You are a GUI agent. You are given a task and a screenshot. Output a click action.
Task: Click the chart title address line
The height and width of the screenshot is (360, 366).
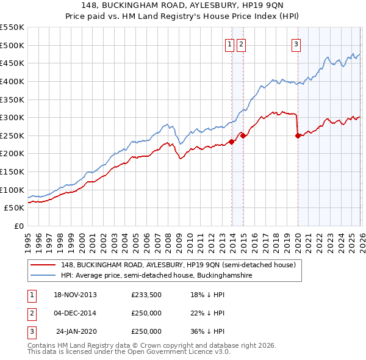183,5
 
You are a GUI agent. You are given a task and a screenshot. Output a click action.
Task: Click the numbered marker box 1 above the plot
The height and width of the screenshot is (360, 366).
230,43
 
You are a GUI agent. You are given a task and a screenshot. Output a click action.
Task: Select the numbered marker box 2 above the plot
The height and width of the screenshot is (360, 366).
241,43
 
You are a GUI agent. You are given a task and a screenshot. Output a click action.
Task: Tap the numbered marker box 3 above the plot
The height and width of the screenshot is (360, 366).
296,43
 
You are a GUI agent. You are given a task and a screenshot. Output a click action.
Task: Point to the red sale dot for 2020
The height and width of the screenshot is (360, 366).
298,136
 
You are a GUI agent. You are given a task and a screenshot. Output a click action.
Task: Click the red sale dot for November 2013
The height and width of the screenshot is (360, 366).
231,142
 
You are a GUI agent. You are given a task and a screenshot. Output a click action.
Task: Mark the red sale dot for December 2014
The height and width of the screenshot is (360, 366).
243,136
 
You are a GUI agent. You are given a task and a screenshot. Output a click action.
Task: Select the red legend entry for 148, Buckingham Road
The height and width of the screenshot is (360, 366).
178,265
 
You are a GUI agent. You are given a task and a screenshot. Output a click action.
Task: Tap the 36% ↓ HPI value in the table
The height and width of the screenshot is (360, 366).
208,331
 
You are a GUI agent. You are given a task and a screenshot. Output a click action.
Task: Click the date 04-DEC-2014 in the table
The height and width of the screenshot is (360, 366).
76,313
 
